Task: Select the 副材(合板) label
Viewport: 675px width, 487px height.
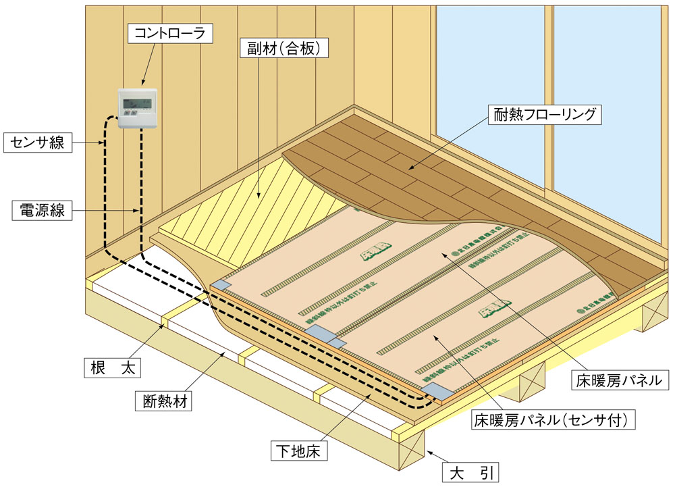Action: pyautogui.click(x=284, y=49)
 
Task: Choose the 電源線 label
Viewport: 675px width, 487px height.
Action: pyautogui.click(x=38, y=210)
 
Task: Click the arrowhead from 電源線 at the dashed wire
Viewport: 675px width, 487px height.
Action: pyautogui.click(x=142, y=211)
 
